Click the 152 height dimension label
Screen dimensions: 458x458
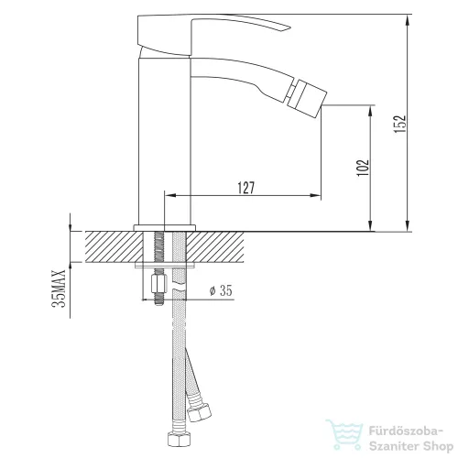click(399, 124)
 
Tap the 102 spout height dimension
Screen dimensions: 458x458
click(364, 168)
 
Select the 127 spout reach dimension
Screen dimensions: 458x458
click(246, 188)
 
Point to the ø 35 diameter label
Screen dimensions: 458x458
click(221, 290)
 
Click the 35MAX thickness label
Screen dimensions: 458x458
click(59, 289)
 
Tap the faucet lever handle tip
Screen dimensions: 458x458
click(287, 28)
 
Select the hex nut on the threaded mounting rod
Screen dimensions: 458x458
click(159, 283)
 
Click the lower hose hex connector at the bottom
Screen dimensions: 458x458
click(177, 440)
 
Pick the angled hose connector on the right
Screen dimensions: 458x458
click(199, 412)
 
